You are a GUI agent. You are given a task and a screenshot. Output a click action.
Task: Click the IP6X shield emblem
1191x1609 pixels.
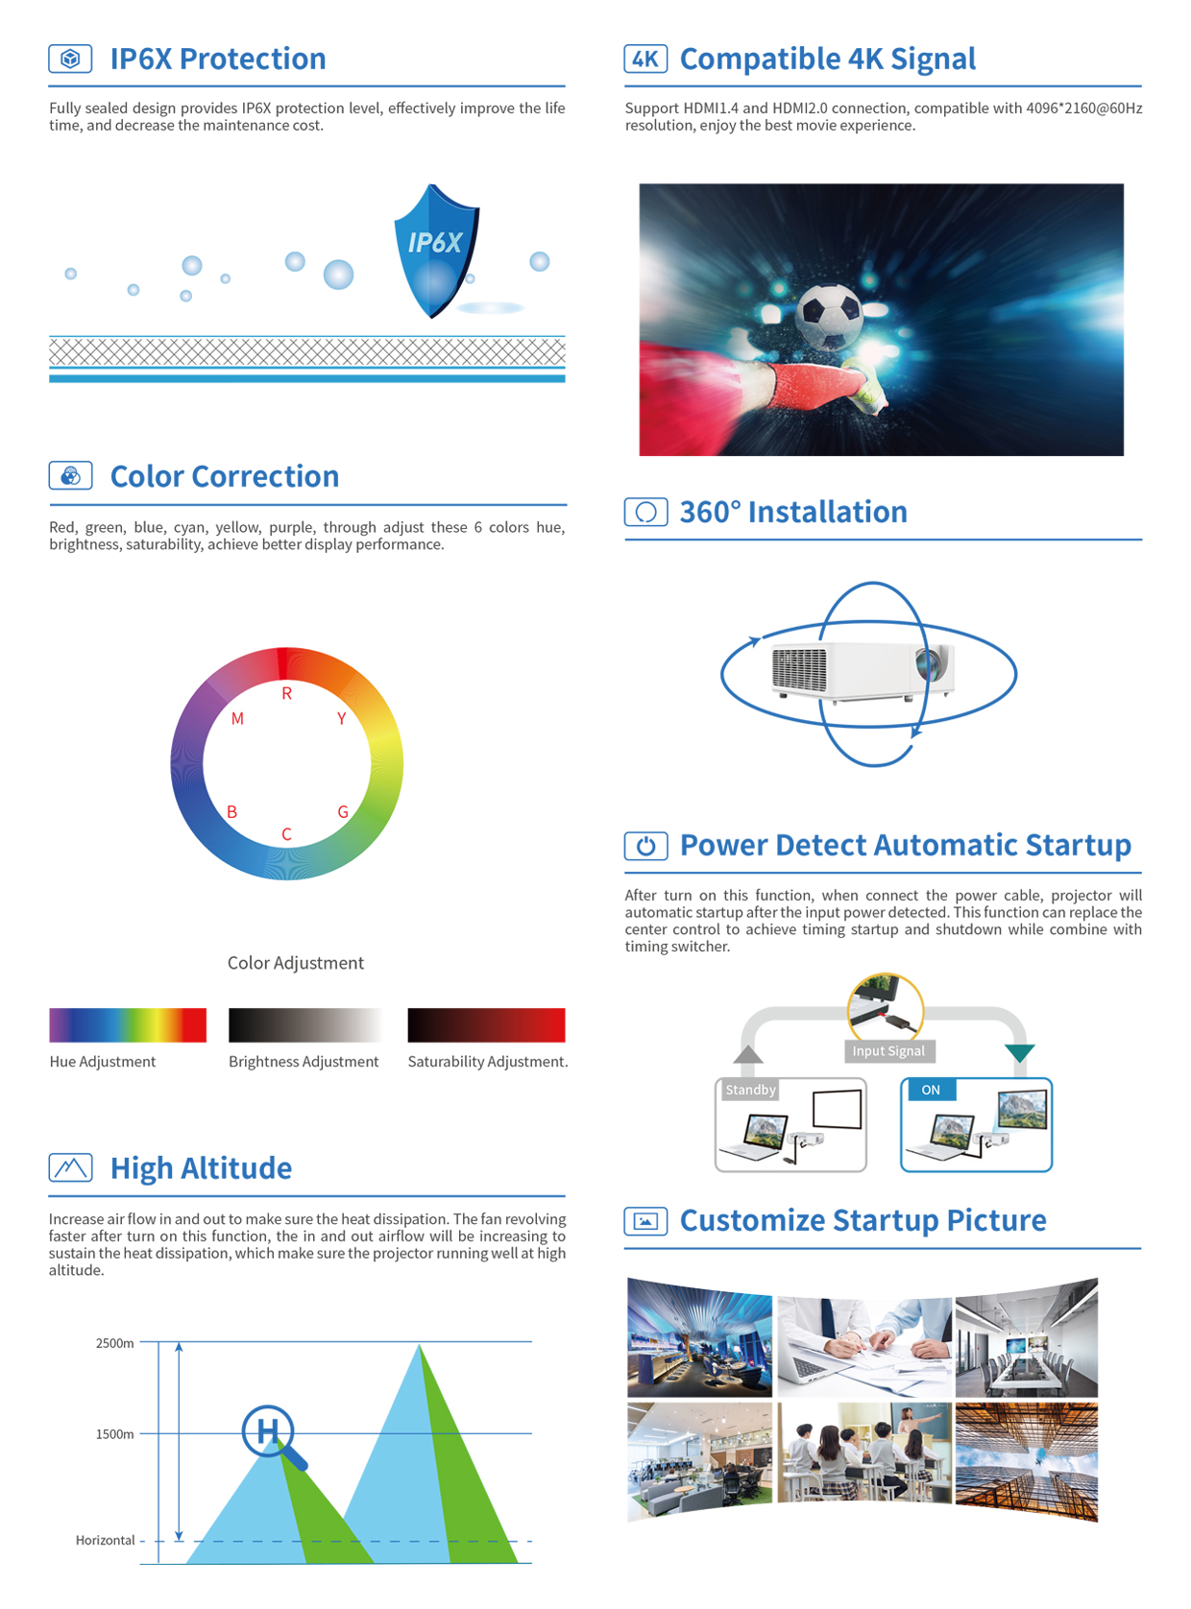[435, 251]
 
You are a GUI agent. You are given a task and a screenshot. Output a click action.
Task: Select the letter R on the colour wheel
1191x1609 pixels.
[286, 693]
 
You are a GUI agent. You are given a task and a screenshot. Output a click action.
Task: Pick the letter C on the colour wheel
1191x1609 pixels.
[286, 833]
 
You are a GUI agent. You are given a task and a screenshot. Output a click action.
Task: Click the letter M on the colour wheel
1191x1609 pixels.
[237, 718]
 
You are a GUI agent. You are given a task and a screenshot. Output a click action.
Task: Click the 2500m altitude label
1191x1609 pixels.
[114, 1342]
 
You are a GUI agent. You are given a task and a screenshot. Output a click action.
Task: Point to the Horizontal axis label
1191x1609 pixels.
[106, 1539]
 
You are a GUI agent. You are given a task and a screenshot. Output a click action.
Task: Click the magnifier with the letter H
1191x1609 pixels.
[273, 1436]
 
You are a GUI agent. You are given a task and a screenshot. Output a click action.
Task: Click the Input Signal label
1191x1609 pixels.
[888, 1049]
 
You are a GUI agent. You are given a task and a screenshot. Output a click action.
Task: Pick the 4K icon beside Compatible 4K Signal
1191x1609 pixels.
[644, 59]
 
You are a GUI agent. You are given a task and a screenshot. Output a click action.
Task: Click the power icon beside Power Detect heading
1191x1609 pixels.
[645, 845]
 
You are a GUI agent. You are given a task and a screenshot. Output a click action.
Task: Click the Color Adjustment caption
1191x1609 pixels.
[296, 962]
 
